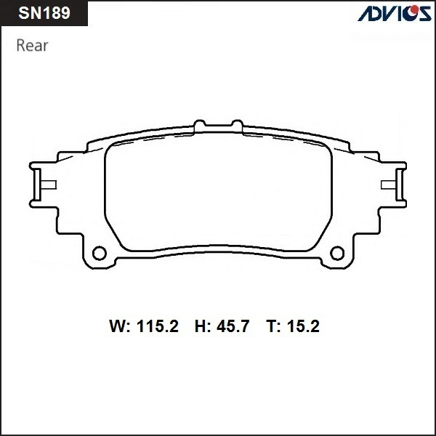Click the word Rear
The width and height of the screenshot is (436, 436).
[x=32, y=46]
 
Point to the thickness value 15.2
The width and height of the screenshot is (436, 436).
[x=302, y=327]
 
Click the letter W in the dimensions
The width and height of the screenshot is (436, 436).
[x=117, y=327]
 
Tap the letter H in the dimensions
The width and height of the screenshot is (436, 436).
[x=201, y=327]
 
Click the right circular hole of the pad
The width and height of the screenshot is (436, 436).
[x=336, y=254]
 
